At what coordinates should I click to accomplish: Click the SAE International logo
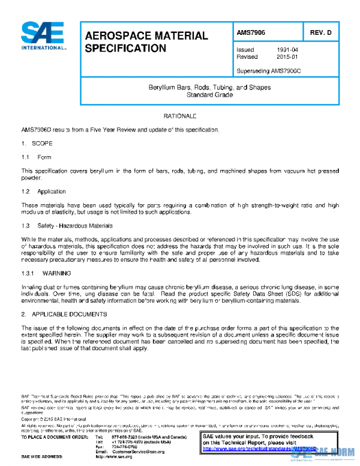[x=43, y=36]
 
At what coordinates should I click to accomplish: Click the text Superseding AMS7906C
[x=266, y=71]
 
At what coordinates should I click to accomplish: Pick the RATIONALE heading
[x=180, y=115]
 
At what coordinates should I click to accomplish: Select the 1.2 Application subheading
[x=43, y=192]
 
